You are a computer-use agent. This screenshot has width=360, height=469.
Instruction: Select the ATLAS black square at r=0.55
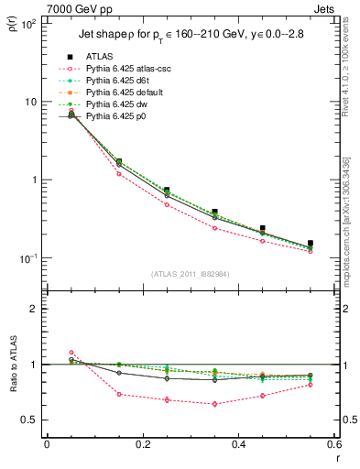click(x=311, y=244)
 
